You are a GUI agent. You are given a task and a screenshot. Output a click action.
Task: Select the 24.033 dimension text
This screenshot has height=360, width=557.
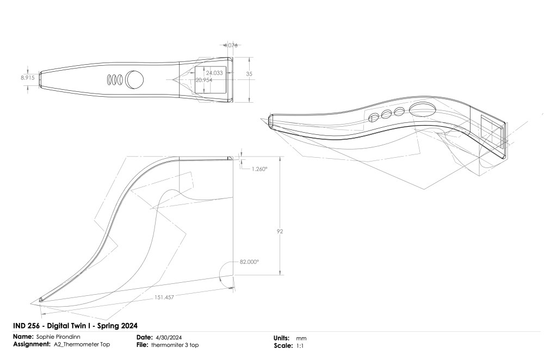214,73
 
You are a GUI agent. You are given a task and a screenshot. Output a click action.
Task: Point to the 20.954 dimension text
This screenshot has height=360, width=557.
204,80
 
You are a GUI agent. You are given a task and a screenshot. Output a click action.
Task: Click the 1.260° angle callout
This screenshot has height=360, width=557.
260,169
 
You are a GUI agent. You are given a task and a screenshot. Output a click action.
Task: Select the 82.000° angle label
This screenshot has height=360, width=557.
249,262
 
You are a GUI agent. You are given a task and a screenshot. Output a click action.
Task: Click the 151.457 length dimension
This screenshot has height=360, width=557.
162,297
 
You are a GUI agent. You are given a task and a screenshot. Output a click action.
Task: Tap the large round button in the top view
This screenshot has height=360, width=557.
135,79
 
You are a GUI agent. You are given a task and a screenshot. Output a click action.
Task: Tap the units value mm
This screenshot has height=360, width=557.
300,338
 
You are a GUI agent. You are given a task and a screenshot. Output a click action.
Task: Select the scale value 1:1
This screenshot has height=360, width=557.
300,345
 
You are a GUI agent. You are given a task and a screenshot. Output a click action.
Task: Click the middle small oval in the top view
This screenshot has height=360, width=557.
115,79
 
